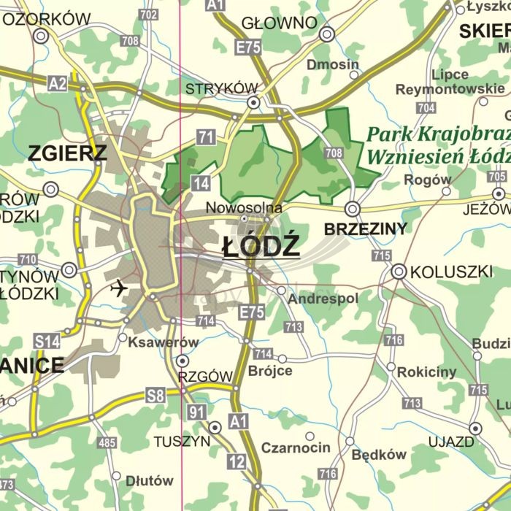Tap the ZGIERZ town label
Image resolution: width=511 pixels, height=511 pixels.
[x=67, y=153]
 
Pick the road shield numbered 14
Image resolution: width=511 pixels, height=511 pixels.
[x=200, y=182]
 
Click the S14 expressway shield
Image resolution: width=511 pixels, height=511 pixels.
[x=47, y=341]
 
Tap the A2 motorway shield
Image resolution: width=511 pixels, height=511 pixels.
[x=58, y=85]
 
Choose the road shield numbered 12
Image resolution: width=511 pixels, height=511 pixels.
[x=236, y=461]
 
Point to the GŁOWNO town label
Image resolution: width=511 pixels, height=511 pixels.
[x=279, y=23]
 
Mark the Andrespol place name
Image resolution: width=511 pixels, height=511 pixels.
[x=313, y=299]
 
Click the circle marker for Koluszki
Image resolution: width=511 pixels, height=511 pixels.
[x=399, y=272]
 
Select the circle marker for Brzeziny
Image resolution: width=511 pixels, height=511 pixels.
[x=353, y=209]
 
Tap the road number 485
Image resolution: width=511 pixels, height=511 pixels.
[x=107, y=442]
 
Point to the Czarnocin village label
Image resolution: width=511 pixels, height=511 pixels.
[x=296, y=447]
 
